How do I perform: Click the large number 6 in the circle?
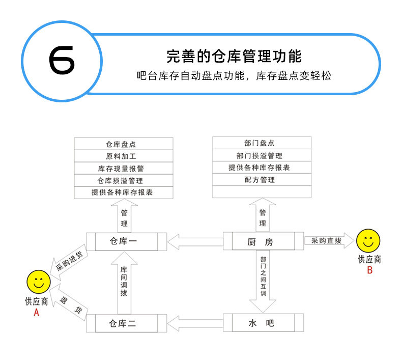(x=62, y=60)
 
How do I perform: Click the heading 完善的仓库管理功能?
(x=234, y=56)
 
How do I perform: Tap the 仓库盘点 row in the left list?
(x=124, y=144)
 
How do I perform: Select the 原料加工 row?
(x=124, y=156)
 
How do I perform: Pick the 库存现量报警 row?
(x=124, y=168)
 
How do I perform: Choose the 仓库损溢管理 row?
(x=124, y=180)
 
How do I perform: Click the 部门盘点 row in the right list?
(x=262, y=143)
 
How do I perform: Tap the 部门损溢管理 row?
(x=262, y=155)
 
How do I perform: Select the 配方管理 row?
(x=262, y=180)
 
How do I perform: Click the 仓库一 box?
(x=123, y=241)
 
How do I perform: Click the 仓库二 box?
(x=123, y=323)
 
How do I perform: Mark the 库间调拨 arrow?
(x=124, y=283)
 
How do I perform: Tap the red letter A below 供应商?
(x=36, y=313)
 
